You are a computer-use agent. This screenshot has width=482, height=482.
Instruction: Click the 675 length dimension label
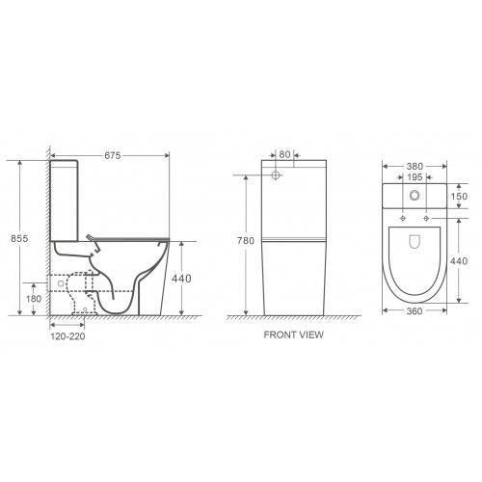pyautogui.click(x=113, y=155)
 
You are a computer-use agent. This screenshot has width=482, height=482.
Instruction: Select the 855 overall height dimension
pyautogui.click(x=19, y=238)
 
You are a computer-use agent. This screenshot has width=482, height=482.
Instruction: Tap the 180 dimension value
pyautogui.click(x=34, y=299)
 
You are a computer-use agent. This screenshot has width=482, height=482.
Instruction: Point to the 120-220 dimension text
pyautogui.click(x=67, y=336)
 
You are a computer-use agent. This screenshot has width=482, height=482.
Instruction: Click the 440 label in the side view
pyautogui.click(x=181, y=279)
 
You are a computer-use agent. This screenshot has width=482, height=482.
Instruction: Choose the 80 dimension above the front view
pyautogui.click(x=284, y=154)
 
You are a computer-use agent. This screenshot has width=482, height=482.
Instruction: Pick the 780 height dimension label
pyautogui.click(x=246, y=241)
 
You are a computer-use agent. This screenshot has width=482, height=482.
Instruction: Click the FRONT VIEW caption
pyautogui.click(x=294, y=335)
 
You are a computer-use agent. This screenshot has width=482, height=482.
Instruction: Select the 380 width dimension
pyautogui.click(x=415, y=167)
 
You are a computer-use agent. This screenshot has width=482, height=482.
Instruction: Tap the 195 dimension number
pyautogui.click(x=415, y=177)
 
